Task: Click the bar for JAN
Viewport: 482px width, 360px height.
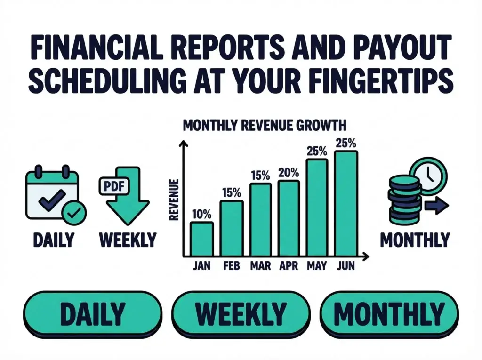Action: [201, 238]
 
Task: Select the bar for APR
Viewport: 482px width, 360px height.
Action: [288, 217]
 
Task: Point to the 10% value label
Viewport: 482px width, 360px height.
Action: [201, 214]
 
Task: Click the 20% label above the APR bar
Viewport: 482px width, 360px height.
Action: [288, 173]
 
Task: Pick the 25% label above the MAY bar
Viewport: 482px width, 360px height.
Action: [317, 152]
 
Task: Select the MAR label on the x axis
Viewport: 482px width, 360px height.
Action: [260, 266]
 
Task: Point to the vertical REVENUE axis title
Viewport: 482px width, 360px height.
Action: [173, 200]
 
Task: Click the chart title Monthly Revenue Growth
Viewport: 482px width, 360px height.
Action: [264, 126]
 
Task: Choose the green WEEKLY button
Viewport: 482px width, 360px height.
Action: [241, 312]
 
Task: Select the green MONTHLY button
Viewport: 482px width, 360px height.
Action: [389, 312]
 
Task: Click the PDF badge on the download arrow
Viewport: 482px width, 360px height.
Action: [113, 185]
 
